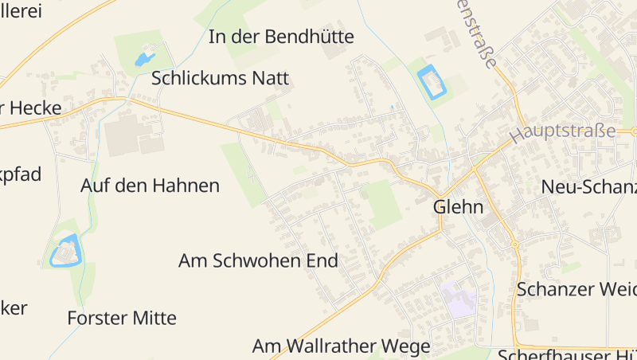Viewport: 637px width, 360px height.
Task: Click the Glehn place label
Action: coord(459,207)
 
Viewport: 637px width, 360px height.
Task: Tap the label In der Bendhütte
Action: coord(281,37)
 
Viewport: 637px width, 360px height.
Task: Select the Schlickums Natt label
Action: coord(220,78)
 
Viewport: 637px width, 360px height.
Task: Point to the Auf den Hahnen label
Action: coord(150,186)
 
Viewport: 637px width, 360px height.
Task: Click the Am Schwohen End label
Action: coord(258,260)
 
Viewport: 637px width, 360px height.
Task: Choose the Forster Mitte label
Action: coord(122,318)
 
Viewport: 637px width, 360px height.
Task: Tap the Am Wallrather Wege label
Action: coord(341,346)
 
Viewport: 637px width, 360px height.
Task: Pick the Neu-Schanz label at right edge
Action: coord(588,187)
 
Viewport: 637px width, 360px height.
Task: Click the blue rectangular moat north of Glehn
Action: coord(431,82)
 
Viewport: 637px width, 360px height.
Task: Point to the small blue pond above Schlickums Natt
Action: coord(143,59)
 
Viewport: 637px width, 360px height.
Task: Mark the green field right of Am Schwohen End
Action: coord(381,203)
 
